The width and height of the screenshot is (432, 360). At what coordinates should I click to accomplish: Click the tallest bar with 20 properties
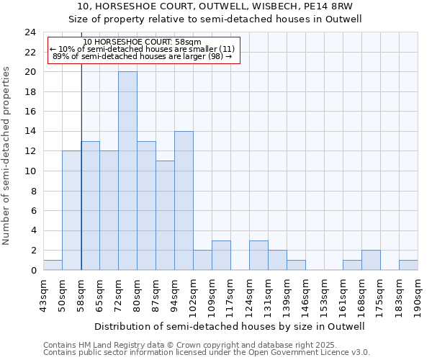127,171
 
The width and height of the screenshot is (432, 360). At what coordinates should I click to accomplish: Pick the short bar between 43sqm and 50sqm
53,265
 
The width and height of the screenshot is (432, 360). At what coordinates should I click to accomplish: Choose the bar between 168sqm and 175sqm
371,260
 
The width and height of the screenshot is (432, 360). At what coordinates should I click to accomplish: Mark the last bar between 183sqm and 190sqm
408,265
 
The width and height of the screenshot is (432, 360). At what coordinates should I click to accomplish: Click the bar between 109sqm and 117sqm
221,255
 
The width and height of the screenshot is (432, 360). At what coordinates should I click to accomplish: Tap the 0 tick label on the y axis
32,271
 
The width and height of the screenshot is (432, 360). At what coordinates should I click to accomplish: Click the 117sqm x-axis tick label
231,295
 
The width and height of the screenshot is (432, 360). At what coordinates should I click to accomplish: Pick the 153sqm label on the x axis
325,295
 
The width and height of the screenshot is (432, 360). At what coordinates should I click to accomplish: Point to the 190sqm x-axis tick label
418,295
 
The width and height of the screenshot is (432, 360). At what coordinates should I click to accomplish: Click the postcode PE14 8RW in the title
323,6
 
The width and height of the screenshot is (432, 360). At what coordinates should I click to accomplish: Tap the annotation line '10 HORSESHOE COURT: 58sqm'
142,42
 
